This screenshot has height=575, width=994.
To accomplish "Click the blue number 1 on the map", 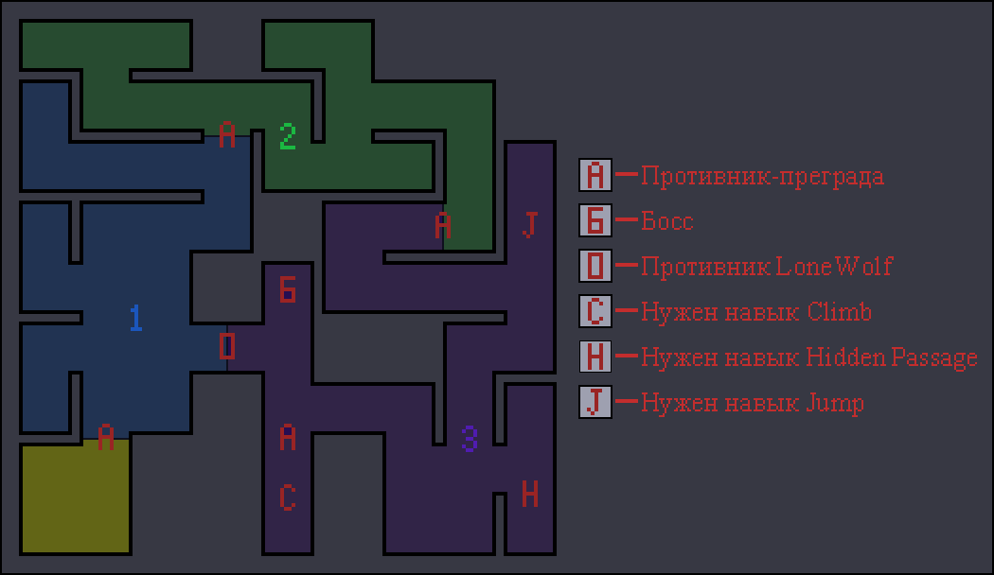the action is click(135, 318).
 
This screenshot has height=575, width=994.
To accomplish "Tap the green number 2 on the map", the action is click(288, 136).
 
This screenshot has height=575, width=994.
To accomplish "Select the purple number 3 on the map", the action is click(470, 438).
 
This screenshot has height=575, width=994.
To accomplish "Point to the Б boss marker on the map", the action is click(288, 288).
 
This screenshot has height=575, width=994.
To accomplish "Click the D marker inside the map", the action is click(227, 346).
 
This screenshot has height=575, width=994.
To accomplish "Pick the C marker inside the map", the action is click(288, 497).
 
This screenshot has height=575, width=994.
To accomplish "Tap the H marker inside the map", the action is click(530, 494).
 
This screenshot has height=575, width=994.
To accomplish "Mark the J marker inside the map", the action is click(530, 225).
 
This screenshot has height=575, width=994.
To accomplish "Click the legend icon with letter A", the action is click(595, 176).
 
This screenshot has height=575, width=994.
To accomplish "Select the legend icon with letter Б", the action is click(595, 221).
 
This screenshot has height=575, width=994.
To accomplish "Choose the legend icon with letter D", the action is click(595, 267).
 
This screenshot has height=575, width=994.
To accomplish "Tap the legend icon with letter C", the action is click(595, 312).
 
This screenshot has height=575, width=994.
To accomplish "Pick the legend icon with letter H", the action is click(595, 357).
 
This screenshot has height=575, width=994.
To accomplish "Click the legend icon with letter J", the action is click(595, 403).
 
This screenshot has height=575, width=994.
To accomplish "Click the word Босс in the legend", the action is click(667, 222).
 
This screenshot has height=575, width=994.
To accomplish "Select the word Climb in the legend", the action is click(840, 312).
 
